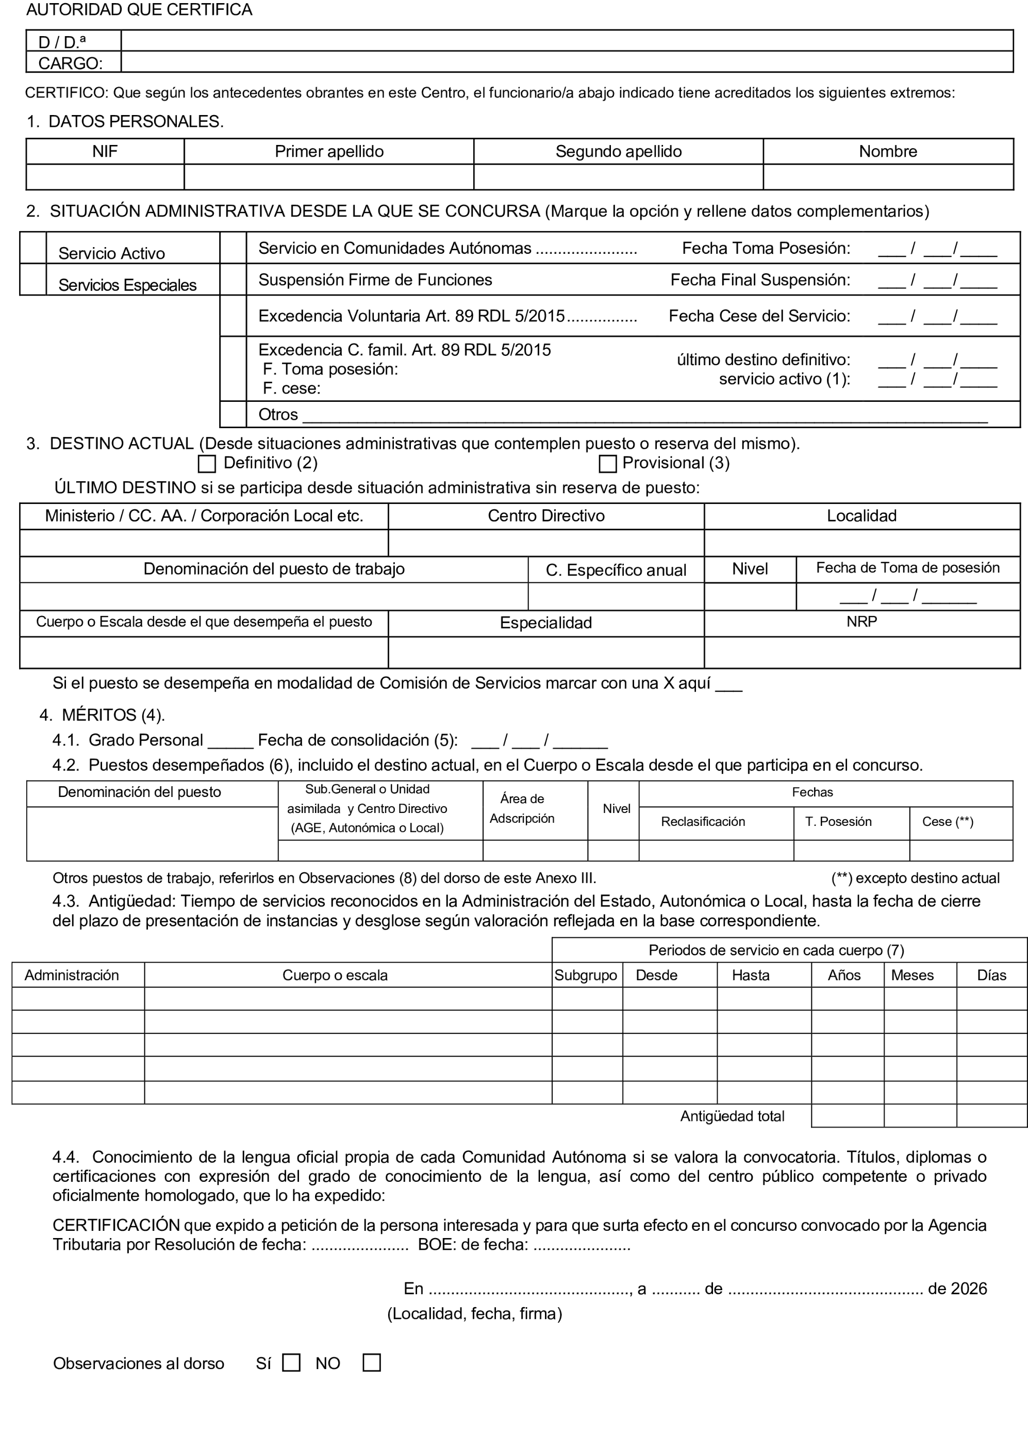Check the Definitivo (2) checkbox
pos(206,464)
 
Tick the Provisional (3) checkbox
pos(607,464)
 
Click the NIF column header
pos(105,152)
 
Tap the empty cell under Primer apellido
pos(329,177)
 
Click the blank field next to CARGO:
pos(566,62)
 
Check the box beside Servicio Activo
pos(34,248)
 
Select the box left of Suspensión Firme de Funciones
pos(233,280)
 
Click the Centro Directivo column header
pos(546,516)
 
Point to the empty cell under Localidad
pos(861,543)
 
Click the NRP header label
pos(861,622)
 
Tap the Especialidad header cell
pos(546,623)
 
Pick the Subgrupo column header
pos(586,975)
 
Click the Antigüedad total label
pos(732,1116)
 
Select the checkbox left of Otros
pos(233,415)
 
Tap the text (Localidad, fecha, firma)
pos(474,1314)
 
